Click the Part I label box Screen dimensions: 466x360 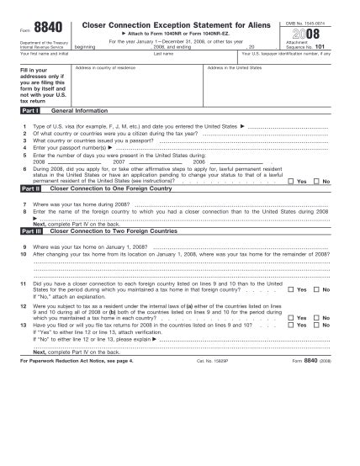click(x=30, y=110)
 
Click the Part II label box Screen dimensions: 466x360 click(x=30, y=190)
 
